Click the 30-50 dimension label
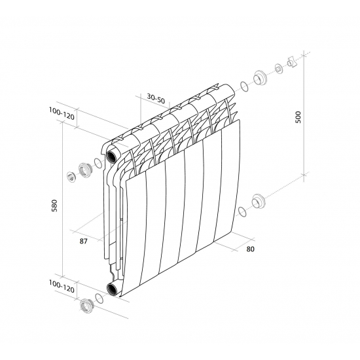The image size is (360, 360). coord(156,98)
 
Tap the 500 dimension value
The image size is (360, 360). coord(298,117)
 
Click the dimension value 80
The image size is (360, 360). coord(250,249)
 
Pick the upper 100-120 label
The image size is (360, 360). coord(63,113)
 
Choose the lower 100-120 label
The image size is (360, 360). coord(63,286)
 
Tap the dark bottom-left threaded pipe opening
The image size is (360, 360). coord(113,289)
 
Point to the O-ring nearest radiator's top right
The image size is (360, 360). coord(244,85)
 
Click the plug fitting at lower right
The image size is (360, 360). coord(259,200)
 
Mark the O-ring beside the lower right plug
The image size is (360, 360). coord(242,211)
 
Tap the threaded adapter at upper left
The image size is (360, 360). coord(84,170)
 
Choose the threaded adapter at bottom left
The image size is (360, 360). coord(85,305)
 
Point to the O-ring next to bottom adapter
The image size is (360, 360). coord(98,298)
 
